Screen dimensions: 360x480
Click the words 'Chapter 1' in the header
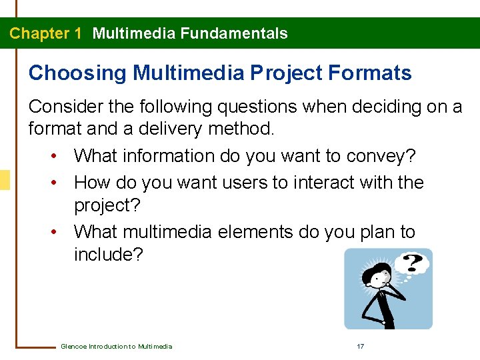pos(45,33)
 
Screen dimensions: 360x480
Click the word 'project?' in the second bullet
pos(107,206)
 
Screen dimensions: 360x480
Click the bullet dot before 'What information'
pos(53,157)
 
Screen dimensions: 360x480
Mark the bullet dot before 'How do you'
pos(53,182)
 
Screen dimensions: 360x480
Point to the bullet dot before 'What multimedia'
pos(53,232)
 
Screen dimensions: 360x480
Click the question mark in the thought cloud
pos(413,263)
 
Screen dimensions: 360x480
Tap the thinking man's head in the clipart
pos(380,274)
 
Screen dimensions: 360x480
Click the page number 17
pos(360,346)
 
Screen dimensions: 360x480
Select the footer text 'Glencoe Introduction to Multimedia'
pos(116,346)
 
